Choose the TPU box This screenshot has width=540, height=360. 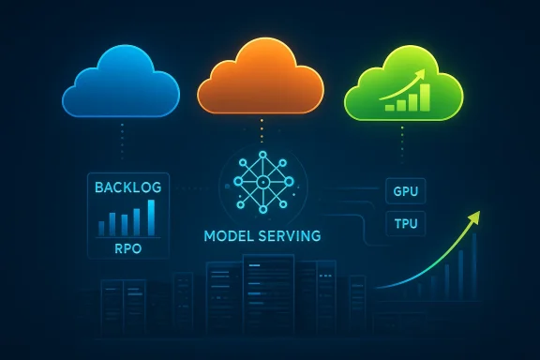pos(406,225)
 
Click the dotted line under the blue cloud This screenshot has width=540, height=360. pos(122,141)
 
